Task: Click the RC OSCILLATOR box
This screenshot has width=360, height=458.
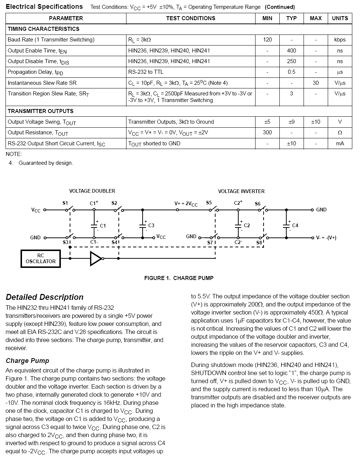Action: [x=41, y=258]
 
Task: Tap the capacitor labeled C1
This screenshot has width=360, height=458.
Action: [x=94, y=226]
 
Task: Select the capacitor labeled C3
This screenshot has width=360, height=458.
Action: [x=143, y=226]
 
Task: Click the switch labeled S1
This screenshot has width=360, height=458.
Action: [x=69, y=210]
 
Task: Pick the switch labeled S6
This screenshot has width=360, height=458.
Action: [x=262, y=210]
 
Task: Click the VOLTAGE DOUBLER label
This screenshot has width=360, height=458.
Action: [x=92, y=191]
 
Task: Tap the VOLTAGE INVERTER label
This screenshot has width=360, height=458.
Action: [x=241, y=191]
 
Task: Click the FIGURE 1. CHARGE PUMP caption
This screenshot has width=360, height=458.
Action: [x=179, y=278]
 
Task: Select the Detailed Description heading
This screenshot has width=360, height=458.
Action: [x=45, y=297]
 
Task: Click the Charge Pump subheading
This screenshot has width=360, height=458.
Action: [x=27, y=361]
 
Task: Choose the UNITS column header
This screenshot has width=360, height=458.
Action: [x=340, y=18]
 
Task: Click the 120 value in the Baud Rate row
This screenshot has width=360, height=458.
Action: [x=268, y=40]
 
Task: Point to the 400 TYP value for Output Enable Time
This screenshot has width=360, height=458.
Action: [x=291, y=51]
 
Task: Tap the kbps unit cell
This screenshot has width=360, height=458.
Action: [x=340, y=40]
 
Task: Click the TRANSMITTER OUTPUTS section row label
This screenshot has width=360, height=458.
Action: [x=41, y=111]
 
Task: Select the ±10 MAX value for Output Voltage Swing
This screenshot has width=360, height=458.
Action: [x=316, y=122]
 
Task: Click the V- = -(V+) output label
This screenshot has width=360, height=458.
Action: [x=326, y=237]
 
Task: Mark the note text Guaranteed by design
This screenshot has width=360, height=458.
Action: [x=46, y=163]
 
